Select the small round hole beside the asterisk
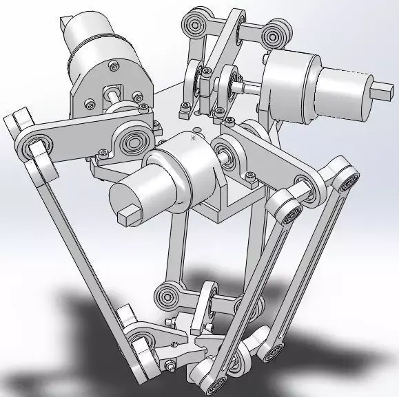pyautogui.click(x=197, y=129)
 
